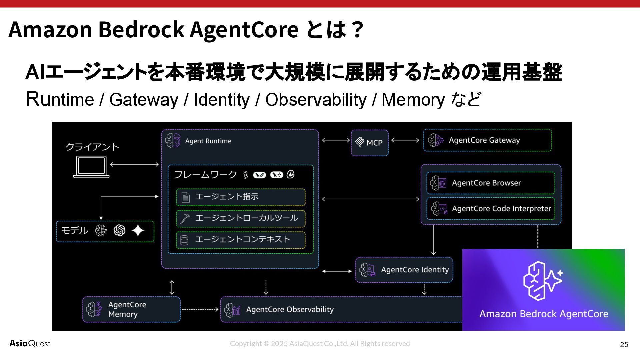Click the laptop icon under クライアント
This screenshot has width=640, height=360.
[x=91, y=167]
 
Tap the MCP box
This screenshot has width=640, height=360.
[x=370, y=143]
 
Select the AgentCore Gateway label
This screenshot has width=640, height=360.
[x=484, y=140]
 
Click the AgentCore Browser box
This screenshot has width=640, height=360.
[x=490, y=183]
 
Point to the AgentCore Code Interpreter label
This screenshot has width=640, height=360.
[x=501, y=209]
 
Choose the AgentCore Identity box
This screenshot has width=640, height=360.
[x=404, y=270]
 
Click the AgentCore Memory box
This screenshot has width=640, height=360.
[x=131, y=309]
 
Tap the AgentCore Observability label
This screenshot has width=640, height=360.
[x=290, y=309]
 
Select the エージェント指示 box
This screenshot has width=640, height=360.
[x=241, y=197]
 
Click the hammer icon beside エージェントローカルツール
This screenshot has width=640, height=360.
[x=185, y=218]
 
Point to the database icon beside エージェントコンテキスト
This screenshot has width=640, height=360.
[x=184, y=240]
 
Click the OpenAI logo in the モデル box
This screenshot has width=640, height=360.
[x=119, y=230]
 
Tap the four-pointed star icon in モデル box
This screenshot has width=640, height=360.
[x=138, y=230]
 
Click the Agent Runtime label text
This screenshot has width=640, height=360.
[x=208, y=141]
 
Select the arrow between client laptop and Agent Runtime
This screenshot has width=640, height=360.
[x=134, y=164]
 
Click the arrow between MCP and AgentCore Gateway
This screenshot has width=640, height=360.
[x=405, y=140]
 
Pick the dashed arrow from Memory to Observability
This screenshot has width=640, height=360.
[x=200, y=309]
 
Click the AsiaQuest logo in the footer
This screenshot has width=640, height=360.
[x=30, y=344]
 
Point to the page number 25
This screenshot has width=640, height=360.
[x=624, y=345]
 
